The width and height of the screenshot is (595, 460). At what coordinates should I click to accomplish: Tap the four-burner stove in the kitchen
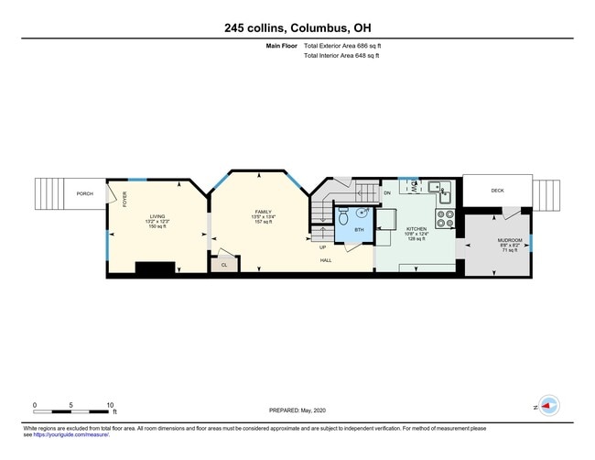[x=445, y=219]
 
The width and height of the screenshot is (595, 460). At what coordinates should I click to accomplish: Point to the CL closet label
[x=223, y=265]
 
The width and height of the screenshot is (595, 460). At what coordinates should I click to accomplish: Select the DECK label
[x=497, y=191]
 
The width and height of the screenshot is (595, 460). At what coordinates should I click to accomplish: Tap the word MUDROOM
[x=510, y=239]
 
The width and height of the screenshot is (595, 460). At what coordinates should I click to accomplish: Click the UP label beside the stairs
[x=322, y=247]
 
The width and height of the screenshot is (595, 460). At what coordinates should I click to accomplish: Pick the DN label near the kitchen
[x=387, y=193]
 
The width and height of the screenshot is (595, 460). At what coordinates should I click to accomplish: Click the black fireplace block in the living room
[x=155, y=268]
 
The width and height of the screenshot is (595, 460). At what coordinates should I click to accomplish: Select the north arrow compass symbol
[x=548, y=405]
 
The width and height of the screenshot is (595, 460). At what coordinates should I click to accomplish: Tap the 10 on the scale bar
[x=110, y=404]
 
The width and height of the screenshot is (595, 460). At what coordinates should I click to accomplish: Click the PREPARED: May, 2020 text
[x=298, y=411]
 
